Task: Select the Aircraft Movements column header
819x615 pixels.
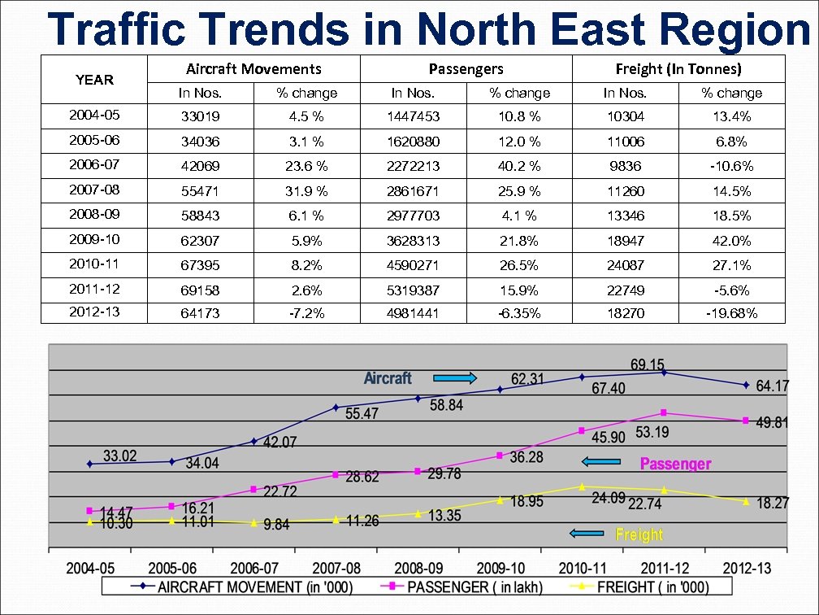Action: point(253,69)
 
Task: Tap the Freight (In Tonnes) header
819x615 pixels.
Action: point(678,69)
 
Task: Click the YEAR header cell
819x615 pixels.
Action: point(94,80)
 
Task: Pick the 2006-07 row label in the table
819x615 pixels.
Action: point(94,165)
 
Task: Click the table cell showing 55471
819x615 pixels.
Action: point(200,191)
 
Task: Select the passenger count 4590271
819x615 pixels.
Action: point(413,265)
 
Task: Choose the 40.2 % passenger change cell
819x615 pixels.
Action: point(519,166)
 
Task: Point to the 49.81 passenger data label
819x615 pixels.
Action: point(772,422)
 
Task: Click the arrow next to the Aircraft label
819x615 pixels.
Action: point(454,377)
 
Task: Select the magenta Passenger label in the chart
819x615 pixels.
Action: point(675,464)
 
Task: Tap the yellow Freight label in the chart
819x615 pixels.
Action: point(639,534)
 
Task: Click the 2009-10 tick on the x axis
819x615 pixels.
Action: point(500,567)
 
